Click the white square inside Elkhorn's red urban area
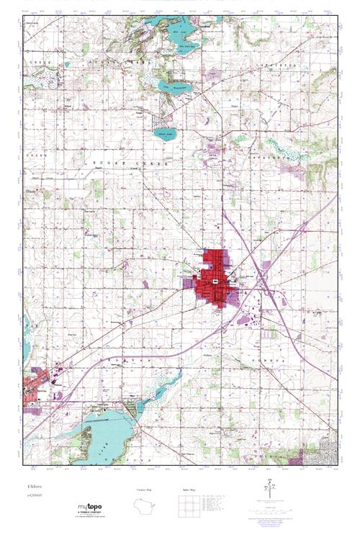point(215,279)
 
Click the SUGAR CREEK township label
point(126,165)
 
